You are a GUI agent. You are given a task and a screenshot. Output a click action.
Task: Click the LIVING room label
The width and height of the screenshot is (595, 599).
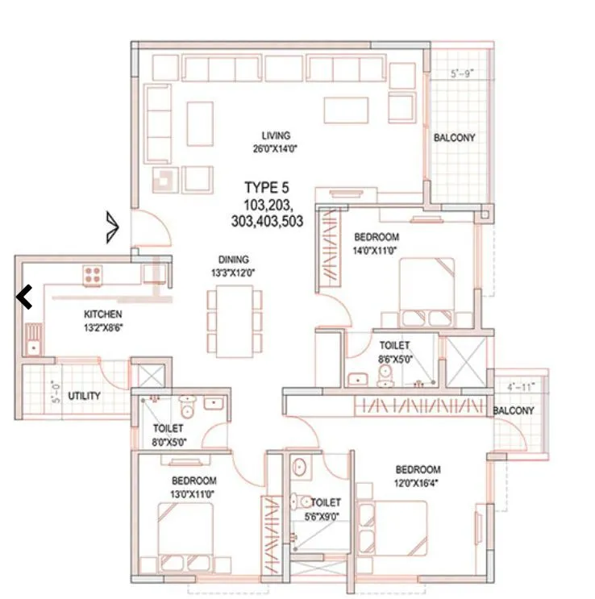(275, 135)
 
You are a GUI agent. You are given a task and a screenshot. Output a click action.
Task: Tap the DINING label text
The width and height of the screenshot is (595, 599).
(232, 260)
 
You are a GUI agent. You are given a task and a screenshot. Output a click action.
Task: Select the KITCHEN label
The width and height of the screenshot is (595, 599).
(102, 314)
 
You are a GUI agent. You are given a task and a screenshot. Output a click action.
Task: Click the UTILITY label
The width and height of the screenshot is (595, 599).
(84, 396)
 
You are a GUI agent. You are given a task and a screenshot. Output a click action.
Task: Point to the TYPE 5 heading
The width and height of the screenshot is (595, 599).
(267, 188)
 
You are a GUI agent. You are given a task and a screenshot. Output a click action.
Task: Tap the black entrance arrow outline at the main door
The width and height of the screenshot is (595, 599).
(112, 227)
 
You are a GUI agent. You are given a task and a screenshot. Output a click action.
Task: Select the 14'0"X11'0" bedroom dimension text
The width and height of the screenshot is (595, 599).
(377, 250)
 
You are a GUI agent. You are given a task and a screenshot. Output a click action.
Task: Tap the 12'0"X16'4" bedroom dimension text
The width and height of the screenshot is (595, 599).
(418, 482)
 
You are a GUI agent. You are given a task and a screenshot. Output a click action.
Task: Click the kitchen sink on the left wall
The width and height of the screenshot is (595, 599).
(32, 339)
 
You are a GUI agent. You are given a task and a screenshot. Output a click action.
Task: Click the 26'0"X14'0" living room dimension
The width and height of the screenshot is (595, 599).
(275, 148)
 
